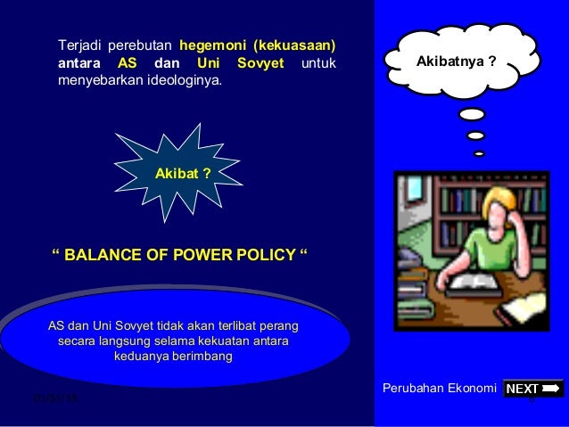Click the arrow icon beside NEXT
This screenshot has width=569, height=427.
point(552,388)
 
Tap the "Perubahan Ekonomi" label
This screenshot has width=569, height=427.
point(439,389)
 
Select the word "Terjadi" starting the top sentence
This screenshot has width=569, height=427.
point(80,45)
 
